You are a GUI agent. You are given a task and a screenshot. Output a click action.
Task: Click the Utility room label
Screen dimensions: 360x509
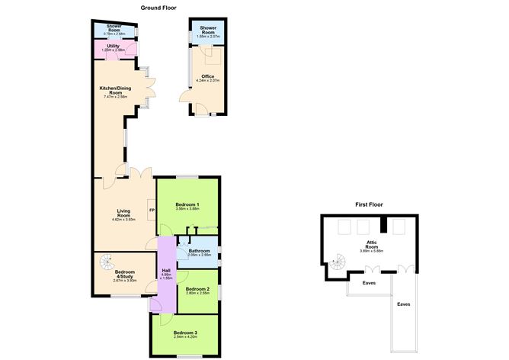pyautogui.click(x=113, y=47)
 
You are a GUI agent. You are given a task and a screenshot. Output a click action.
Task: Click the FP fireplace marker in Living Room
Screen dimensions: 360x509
pyautogui.click(x=152, y=211)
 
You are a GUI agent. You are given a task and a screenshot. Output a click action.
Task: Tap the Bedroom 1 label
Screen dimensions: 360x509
pyautogui.click(x=187, y=204)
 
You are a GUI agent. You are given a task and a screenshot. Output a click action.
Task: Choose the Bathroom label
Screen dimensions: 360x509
pyautogui.click(x=200, y=250)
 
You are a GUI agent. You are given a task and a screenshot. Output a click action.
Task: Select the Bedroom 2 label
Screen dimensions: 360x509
pyautogui.click(x=197, y=288)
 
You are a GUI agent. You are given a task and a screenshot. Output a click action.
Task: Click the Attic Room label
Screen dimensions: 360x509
pyautogui.click(x=371, y=245)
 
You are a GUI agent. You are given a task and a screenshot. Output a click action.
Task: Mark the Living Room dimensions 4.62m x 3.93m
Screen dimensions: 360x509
pyautogui.click(x=124, y=220)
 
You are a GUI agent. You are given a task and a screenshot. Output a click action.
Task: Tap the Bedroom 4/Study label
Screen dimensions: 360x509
pyautogui.click(x=123, y=272)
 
